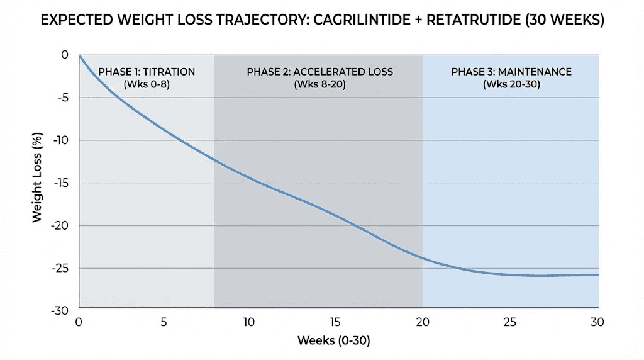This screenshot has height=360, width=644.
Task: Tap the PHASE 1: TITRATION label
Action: [146, 72]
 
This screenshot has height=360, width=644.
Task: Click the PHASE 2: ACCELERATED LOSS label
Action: [319, 72]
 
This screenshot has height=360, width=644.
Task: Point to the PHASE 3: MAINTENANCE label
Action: [511, 72]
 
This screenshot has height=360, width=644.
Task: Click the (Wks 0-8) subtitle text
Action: [146, 84]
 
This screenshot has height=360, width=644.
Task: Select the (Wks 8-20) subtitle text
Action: [319, 84]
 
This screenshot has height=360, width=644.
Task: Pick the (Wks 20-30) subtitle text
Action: [511, 84]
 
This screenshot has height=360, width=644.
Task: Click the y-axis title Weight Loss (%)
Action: [37, 183]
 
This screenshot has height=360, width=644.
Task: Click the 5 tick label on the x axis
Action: [164, 322]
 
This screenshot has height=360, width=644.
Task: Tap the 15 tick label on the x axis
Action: [336, 322]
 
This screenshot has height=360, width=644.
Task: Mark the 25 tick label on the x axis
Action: [509, 322]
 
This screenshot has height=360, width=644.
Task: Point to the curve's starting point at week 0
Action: [79, 55]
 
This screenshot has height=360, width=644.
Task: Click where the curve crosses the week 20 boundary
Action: [423, 258]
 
